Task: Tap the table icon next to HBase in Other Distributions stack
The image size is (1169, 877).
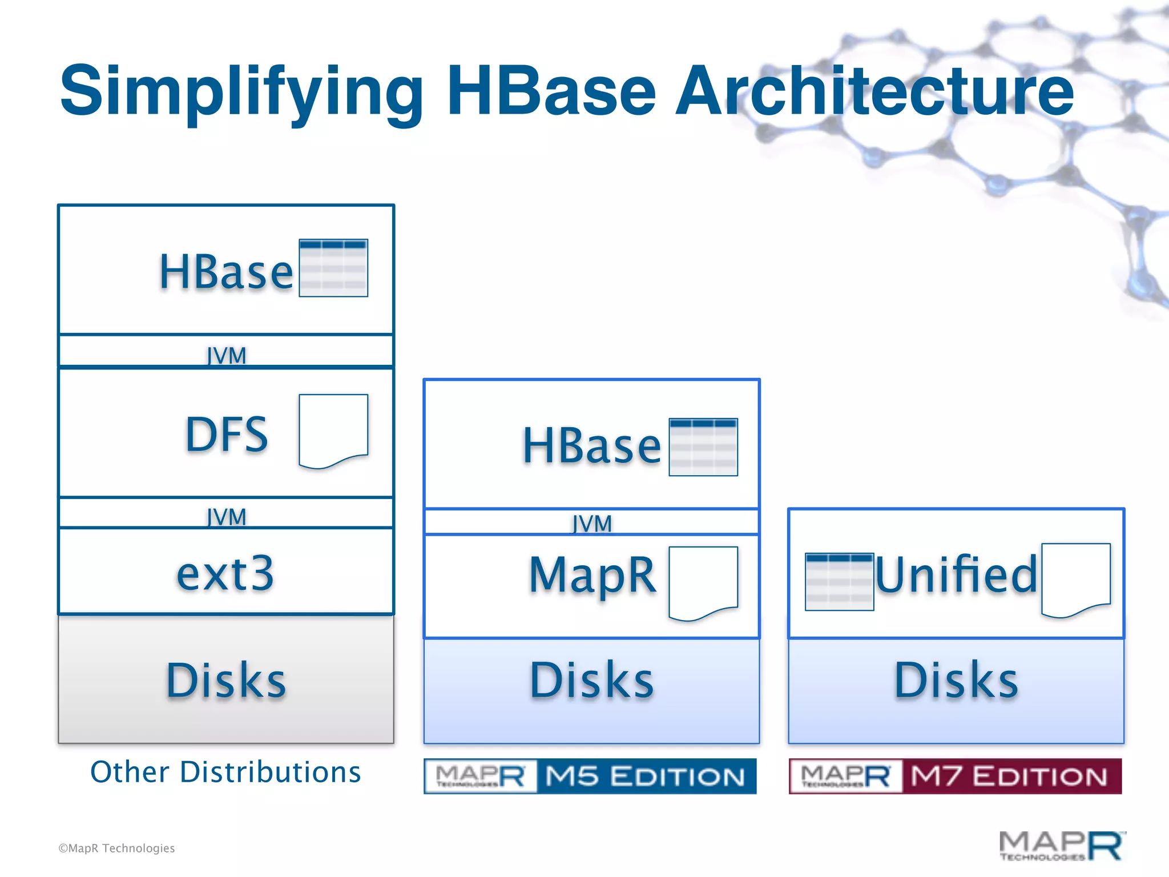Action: coord(333,268)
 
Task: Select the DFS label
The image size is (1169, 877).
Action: coord(227,435)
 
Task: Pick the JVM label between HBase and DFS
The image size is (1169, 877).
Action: coord(227,356)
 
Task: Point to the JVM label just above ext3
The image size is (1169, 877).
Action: coord(227,517)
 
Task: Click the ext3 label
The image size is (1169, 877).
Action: coord(225,573)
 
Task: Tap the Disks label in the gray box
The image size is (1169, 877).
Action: coord(226,680)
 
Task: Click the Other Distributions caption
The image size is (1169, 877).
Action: coord(225,772)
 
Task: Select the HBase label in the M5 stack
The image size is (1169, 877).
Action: coord(591,445)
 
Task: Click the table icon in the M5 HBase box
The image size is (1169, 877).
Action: coord(703,447)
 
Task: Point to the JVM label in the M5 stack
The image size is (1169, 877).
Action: coord(592,524)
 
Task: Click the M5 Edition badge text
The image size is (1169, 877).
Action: coord(645,777)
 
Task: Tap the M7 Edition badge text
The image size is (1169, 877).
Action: coord(1009,777)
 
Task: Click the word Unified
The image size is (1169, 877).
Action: coord(956,574)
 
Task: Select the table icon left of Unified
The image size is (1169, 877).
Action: coord(839,582)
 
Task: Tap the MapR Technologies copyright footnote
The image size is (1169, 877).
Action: coord(116,848)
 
